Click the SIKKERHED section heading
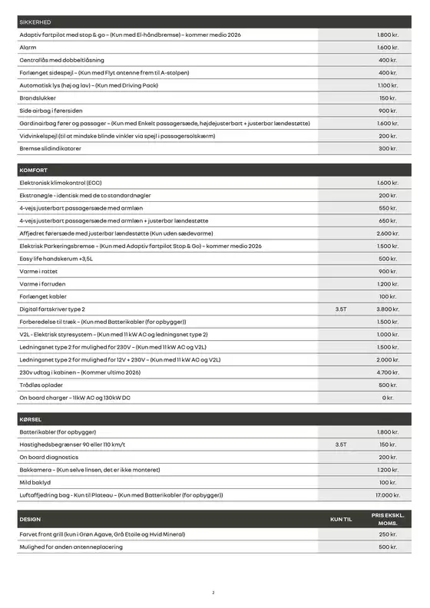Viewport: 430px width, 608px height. pos(35,22)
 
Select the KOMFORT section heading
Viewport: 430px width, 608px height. pos(33,170)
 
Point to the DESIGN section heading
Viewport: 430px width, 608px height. pos(30,520)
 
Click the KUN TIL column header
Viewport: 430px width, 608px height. pos(341,520)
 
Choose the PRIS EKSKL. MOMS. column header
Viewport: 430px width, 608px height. pos(388,519)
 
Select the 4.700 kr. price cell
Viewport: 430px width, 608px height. pos(388,372)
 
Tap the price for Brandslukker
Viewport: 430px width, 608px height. pos(388,98)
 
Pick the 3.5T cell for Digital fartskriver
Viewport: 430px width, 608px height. pos(341,309)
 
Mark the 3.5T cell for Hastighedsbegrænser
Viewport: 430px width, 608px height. pos(341,444)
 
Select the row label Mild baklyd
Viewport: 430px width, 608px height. pos(35,482)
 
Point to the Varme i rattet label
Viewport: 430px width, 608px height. pos(38,271)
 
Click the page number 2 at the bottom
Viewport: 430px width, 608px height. pos(214,592)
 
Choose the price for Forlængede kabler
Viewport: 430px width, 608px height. pos(388,296)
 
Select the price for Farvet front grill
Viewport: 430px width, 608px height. pos(388,534)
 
